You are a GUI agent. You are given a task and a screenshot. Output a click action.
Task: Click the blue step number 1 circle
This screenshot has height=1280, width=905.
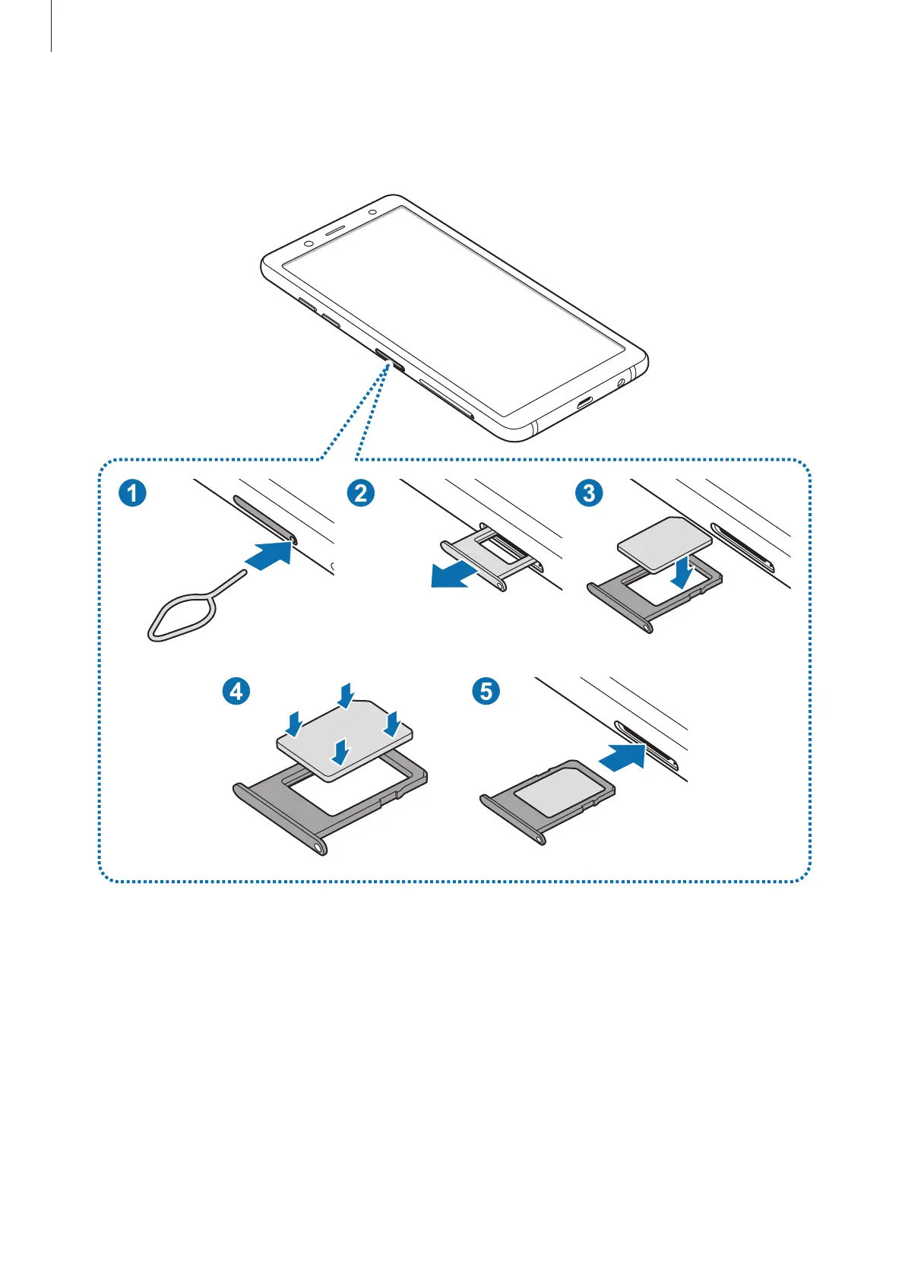point(132,493)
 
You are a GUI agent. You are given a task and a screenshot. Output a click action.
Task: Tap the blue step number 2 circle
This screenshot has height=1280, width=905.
point(360,493)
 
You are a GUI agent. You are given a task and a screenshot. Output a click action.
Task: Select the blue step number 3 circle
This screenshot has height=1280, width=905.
point(589,493)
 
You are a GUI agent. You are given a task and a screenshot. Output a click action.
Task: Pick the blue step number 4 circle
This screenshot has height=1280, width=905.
point(236,691)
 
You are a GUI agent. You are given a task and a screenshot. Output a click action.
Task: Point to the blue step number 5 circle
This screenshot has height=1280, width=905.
point(486,691)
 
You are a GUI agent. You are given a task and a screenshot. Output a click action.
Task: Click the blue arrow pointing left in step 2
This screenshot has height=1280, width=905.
point(455,575)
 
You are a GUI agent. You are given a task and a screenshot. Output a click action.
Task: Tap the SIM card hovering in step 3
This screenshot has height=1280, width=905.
point(663,540)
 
